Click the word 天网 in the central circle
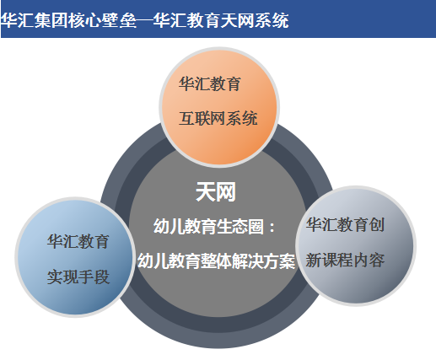(x=216, y=192)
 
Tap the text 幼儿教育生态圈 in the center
(x=208, y=227)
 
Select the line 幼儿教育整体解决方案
(x=216, y=261)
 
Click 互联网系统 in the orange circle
(x=218, y=118)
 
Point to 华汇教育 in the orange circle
(x=210, y=83)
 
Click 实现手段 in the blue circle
(x=78, y=277)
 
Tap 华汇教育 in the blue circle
(x=78, y=242)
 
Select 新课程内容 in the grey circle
(x=345, y=260)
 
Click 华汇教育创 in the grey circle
(x=345, y=225)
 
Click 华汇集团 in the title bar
(x=34, y=20)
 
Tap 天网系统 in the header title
(x=255, y=20)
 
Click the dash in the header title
(x=144, y=21)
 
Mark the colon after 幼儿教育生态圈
(x=272, y=228)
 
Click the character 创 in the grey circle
(x=377, y=225)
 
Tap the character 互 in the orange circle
(x=186, y=118)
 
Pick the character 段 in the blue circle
(x=102, y=277)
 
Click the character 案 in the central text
(x=287, y=261)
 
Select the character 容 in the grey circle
(x=377, y=260)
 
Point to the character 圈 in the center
(x=256, y=227)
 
